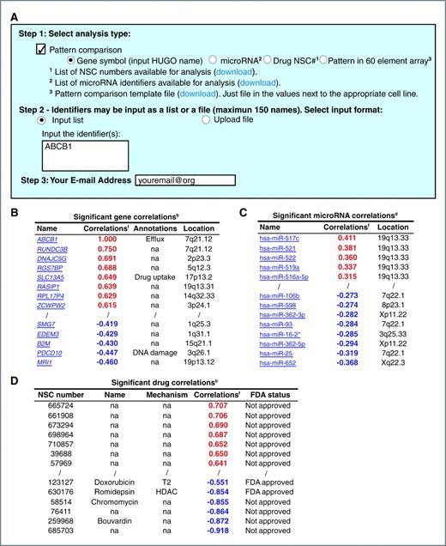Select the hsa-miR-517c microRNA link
[274, 237]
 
